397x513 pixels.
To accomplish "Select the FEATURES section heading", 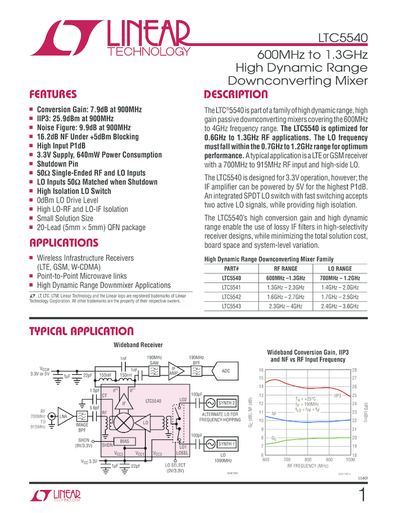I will (x=53, y=95).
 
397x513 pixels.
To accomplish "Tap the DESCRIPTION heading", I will (x=236, y=95).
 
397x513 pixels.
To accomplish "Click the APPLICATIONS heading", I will (x=63, y=243).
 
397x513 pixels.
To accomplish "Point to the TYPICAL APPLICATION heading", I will (x=81, y=331).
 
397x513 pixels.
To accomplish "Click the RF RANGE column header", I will (x=285, y=269).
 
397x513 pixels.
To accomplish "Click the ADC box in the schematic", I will (x=225, y=371).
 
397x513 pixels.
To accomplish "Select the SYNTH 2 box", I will (x=226, y=403).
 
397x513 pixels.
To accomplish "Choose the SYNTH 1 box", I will (x=226, y=444).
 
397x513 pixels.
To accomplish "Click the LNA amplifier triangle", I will (x=63, y=416).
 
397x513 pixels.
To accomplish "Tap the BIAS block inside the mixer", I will (x=124, y=441).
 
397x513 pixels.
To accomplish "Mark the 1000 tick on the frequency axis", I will (x=350, y=460).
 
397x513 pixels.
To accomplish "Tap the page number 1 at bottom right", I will (x=362, y=495).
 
